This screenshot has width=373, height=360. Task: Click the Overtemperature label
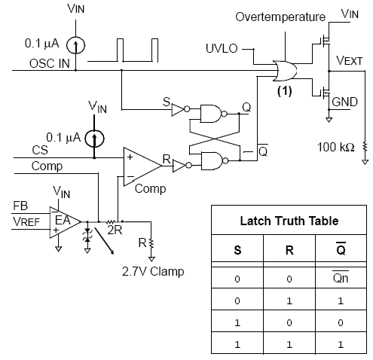coord(280,17)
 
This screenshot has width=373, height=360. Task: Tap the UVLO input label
coord(222,48)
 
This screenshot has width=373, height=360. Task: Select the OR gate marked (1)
coord(285,71)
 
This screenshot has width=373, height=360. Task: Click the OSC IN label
coord(50,63)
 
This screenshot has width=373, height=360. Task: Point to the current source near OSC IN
coord(75,45)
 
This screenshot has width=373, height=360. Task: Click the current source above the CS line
coord(94,139)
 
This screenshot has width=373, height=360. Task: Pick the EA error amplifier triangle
coord(66,222)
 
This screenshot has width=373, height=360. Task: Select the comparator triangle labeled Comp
coord(142,166)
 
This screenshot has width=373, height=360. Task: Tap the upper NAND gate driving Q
coord(213,114)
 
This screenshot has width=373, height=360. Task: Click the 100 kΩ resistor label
coord(335,147)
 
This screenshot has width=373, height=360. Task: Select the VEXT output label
coord(350,60)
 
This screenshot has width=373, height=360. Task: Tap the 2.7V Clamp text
coord(153,271)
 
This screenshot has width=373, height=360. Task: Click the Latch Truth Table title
coord(289,221)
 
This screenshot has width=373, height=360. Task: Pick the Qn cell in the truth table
coord(341,278)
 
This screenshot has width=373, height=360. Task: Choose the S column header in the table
coord(237,250)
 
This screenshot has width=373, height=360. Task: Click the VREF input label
coord(26,222)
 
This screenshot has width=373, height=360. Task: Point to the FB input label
coord(20,206)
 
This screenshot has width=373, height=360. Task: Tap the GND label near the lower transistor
coord(344,102)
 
